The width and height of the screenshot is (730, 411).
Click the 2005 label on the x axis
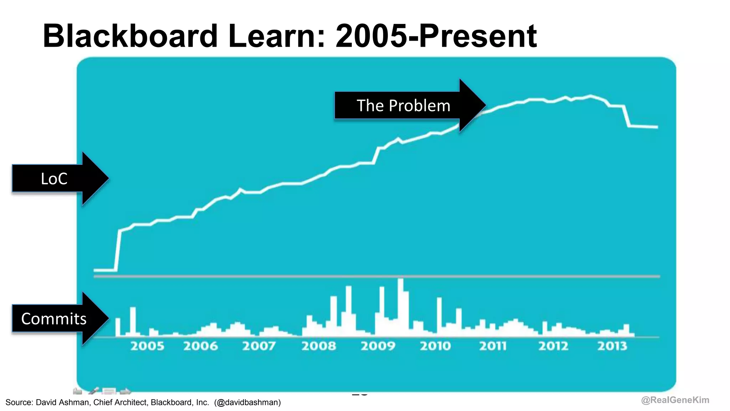(147, 346)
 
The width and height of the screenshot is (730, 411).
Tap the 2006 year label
(200, 346)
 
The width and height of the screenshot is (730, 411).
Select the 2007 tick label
(259, 346)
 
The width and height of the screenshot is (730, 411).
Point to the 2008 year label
(319, 346)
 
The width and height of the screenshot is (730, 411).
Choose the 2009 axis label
(378, 346)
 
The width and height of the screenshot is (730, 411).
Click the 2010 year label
(435, 346)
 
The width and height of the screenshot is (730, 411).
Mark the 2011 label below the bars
(493, 346)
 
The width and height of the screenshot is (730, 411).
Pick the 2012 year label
(553, 346)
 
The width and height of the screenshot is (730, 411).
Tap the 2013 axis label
(612, 346)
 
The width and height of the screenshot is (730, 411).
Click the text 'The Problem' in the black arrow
(403, 106)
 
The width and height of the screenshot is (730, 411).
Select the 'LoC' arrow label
(54, 179)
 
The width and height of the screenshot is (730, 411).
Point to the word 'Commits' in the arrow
(53, 319)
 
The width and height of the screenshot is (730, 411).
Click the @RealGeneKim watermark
(675, 400)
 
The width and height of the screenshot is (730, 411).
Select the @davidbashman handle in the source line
(247, 402)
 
